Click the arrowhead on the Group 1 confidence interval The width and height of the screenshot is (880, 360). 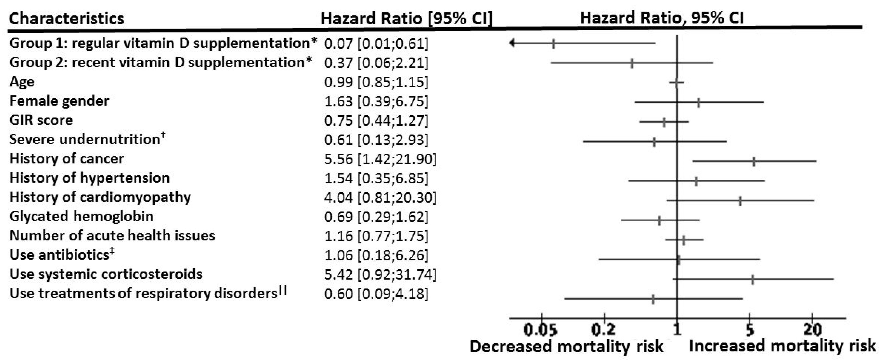(512, 43)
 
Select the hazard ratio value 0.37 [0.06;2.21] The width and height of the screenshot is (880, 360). (376, 63)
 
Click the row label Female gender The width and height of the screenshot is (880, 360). (59, 101)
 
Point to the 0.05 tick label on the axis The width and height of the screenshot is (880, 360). (540, 330)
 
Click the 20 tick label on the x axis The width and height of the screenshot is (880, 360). (812, 330)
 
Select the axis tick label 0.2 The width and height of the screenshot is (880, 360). (603, 330)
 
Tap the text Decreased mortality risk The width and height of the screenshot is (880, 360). (566, 347)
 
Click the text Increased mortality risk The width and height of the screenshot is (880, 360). (782, 346)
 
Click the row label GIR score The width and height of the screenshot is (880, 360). (41, 120)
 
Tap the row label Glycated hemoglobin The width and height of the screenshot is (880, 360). (81, 217)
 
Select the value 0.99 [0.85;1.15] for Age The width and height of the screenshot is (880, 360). (376, 82)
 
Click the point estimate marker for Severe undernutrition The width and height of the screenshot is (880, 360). (654, 142)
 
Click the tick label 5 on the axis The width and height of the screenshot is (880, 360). (749, 330)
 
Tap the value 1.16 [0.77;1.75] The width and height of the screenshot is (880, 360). (376, 236)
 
